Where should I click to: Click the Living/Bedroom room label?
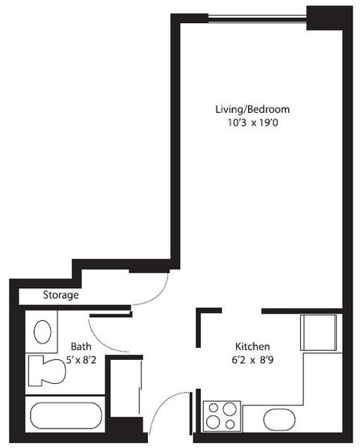(252, 110)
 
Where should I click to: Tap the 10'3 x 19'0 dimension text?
(253, 123)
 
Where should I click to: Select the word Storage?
(60, 295)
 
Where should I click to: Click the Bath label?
(81, 346)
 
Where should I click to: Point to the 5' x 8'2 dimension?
(81, 360)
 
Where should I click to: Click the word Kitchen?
(252, 346)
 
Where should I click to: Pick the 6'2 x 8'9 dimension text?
(252, 360)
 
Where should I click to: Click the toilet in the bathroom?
(47, 370)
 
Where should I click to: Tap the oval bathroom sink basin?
(43, 332)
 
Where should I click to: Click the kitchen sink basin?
(279, 420)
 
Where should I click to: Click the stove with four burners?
(222, 417)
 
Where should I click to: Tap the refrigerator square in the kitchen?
(318, 332)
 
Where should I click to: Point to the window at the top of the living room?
(257, 19)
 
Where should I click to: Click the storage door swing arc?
(155, 293)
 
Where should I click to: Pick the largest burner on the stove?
(229, 409)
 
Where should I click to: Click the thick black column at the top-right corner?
(329, 18)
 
